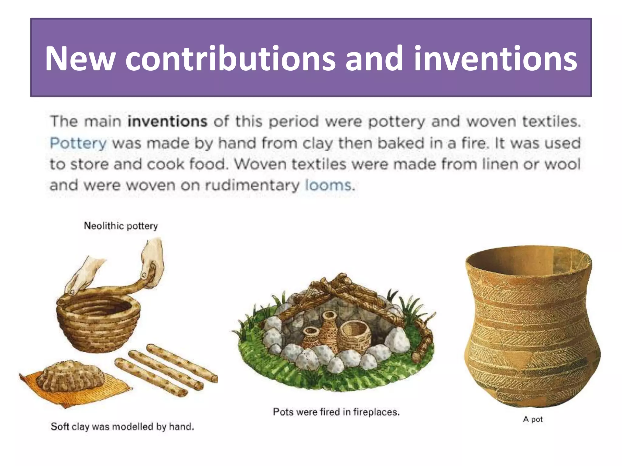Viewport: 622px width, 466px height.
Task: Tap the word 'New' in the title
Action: [80, 58]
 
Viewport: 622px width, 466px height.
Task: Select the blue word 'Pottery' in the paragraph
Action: [78, 143]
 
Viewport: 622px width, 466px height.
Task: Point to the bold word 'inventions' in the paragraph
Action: [167, 121]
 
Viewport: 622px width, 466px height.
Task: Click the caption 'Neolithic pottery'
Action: [121, 226]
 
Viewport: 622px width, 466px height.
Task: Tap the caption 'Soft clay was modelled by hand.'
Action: [122, 427]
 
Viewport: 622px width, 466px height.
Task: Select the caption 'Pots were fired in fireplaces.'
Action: [336, 412]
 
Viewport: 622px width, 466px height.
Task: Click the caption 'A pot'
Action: [533, 419]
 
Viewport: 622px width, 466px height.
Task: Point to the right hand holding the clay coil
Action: [153, 261]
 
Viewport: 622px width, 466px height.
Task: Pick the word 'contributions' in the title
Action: [230, 58]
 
